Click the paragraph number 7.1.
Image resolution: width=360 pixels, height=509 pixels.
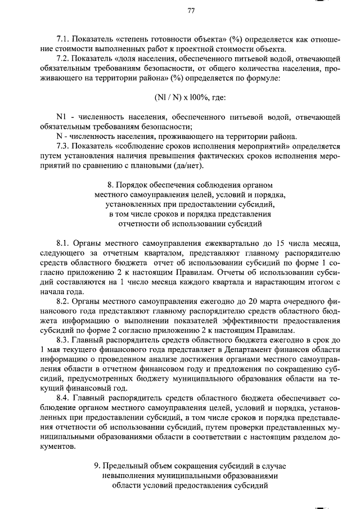[64, 39]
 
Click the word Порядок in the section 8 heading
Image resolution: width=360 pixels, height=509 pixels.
[133, 185]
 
